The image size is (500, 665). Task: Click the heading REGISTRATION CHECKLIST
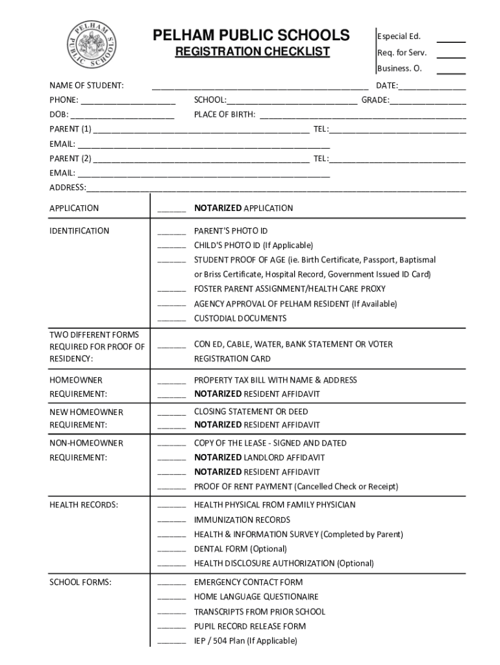[x=252, y=52]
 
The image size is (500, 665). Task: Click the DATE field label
[x=387, y=86]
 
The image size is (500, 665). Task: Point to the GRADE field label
[x=375, y=101]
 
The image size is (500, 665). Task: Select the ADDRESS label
[x=68, y=188]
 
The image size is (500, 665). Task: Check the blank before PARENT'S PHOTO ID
[x=171, y=232]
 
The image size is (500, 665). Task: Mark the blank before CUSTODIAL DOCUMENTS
[x=171, y=320]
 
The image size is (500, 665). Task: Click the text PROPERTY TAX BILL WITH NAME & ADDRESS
[x=275, y=380]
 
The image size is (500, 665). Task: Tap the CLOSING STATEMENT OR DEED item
[x=251, y=412]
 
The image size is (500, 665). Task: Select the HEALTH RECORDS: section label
[x=84, y=505]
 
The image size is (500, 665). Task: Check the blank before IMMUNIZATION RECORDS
[x=171, y=521]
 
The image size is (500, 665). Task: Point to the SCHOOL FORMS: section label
[x=81, y=583]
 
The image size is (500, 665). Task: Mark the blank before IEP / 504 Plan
[x=171, y=642]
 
